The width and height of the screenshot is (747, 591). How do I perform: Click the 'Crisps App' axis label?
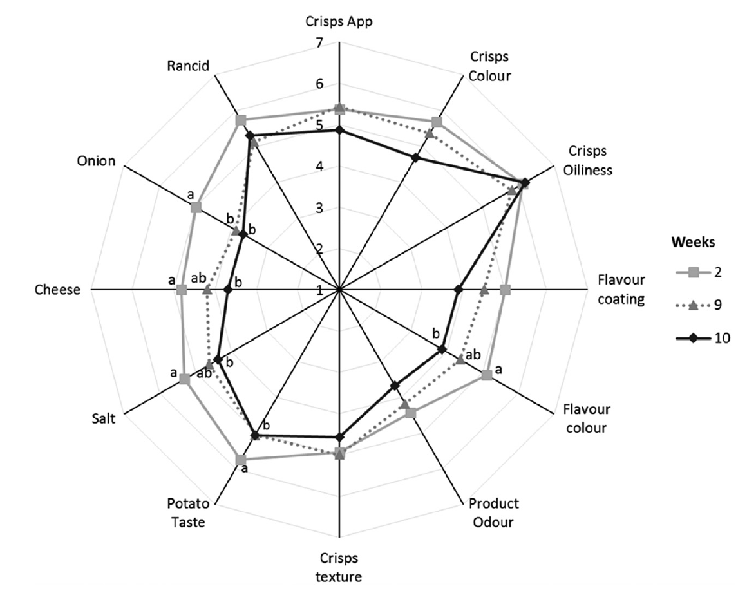click(339, 22)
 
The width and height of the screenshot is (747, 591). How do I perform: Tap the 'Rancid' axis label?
click(188, 65)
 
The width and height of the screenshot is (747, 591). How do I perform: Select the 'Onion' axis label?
click(96, 161)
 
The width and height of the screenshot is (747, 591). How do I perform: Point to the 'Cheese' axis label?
click(58, 290)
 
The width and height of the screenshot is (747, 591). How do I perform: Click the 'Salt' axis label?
click(104, 418)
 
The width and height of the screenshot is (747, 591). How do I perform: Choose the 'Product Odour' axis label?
click(493, 512)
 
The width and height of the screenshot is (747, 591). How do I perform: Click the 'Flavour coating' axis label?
click(621, 289)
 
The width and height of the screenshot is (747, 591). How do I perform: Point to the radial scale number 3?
click(319, 208)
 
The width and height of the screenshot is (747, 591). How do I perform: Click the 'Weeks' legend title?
click(693, 242)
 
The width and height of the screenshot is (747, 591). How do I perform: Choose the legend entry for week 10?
click(703, 338)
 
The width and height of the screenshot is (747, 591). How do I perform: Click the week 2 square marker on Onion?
click(196, 208)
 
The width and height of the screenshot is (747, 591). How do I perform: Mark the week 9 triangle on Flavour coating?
click(484, 290)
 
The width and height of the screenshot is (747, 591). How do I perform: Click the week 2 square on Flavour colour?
click(486, 375)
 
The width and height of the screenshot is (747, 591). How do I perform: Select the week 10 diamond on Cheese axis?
click(228, 290)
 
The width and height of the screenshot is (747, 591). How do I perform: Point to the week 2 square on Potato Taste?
click(241, 460)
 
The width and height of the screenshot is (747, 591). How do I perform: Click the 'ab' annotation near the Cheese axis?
click(198, 277)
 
